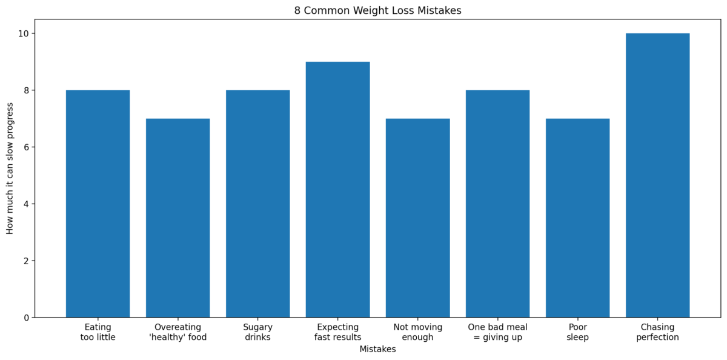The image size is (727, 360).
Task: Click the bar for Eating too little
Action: (98, 204)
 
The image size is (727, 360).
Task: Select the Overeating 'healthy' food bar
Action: (178, 218)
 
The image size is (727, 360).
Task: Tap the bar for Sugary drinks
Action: (257, 204)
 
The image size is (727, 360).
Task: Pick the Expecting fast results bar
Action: (337, 189)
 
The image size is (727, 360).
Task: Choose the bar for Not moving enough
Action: (417, 218)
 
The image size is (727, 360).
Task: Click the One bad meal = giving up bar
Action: (497, 204)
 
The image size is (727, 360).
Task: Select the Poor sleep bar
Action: (577, 218)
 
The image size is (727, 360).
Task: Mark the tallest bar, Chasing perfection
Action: (657, 175)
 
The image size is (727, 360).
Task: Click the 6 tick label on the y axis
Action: (25, 147)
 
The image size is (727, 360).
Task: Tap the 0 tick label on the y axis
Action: (25, 318)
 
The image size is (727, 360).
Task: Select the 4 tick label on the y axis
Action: (25, 204)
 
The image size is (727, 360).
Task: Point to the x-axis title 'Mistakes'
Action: (377, 349)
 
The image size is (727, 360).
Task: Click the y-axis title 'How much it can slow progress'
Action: (10, 175)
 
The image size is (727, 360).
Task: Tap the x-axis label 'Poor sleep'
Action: (577, 332)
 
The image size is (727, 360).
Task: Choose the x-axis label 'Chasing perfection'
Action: (657, 332)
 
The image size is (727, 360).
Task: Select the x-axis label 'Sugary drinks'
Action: (257, 332)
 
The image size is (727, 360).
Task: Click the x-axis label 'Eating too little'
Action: (98, 332)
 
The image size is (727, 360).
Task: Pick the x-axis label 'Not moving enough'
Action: (417, 332)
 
